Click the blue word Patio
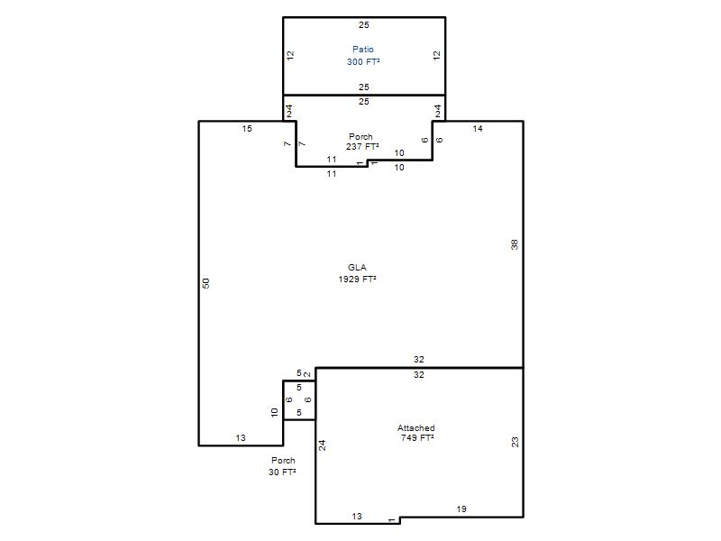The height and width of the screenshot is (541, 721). (363, 50)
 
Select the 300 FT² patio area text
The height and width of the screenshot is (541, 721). (363, 61)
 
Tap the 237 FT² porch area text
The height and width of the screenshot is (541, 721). (363, 147)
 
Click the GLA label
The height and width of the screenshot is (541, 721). (357, 267)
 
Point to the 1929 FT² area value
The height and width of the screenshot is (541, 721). (357, 280)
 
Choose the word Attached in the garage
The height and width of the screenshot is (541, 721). (416, 427)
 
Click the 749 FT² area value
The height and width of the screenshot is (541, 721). (417, 438)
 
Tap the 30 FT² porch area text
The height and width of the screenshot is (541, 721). (282, 472)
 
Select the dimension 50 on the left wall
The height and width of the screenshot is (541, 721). (206, 283)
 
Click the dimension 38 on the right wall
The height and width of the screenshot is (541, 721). (515, 244)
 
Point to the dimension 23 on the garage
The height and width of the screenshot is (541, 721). (515, 442)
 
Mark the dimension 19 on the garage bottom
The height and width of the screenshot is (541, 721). (461, 509)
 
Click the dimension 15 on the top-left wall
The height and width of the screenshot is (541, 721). (247, 129)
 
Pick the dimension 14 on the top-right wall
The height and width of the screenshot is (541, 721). (478, 129)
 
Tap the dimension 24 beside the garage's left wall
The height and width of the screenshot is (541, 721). (323, 445)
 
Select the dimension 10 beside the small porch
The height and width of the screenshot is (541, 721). (275, 413)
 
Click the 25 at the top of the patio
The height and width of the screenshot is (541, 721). (364, 25)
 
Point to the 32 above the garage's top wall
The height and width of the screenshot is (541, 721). (418, 359)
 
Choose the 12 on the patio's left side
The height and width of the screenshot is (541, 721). (290, 56)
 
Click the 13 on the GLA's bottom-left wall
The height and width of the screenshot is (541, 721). (241, 438)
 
